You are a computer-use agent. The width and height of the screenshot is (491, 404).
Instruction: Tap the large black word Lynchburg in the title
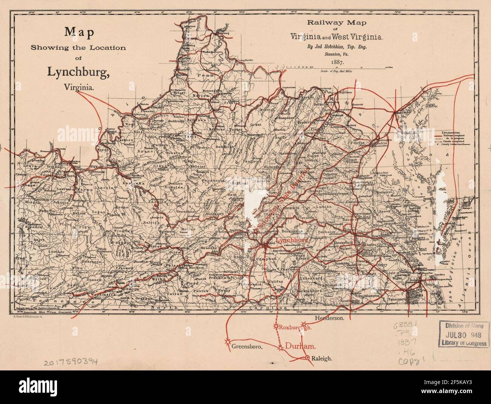tap(78, 72)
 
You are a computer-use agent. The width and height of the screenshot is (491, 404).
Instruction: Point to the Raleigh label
tap(322, 359)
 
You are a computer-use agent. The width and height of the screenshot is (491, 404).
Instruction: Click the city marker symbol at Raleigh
tap(307, 358)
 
